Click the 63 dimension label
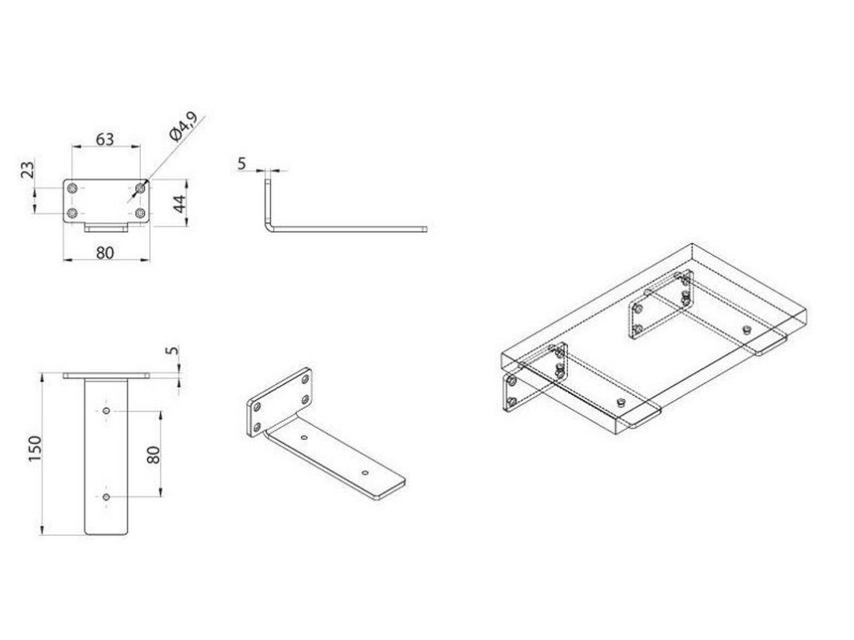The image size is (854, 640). pyautogui.click(x=105, y=139)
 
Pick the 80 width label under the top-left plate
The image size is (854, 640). pyautogui.click(x=104, y=252)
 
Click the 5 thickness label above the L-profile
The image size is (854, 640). pyautogui.click(x=242, y=163)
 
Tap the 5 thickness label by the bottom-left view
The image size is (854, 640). pyautogui.click(x=171, y=353)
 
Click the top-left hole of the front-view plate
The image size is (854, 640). pyautogui.click(x=73, y=189)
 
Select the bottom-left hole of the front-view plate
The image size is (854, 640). pyautogui.click(x=73, y=214)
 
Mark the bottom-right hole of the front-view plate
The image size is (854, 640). pyautogui.click(x=140, y=214)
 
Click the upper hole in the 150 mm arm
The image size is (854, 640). pyautogui.click(x=108, y=411)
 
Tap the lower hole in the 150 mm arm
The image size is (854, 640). pyautogui.click(x=108, y=497)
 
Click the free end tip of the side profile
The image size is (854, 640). pyautogui.click(x=424, y=227)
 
